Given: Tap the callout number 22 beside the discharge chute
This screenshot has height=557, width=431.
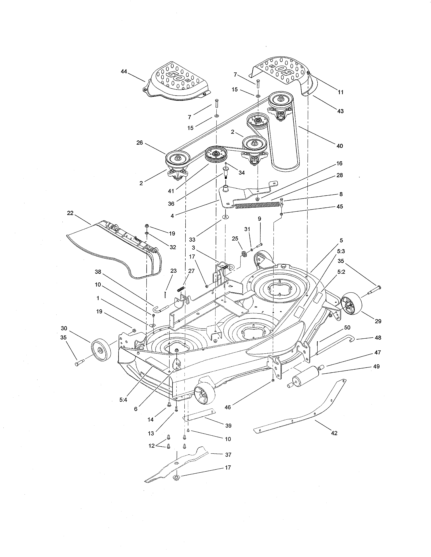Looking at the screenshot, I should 70,213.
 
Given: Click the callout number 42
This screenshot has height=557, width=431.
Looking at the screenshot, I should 334,433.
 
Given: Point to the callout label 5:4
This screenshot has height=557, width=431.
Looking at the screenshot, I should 123,400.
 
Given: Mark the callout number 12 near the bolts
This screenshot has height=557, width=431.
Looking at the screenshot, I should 152,446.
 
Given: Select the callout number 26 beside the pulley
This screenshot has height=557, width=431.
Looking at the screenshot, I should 140,143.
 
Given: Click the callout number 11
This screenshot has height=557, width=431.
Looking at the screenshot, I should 341,92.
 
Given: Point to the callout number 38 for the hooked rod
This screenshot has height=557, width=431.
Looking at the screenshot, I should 98,272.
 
